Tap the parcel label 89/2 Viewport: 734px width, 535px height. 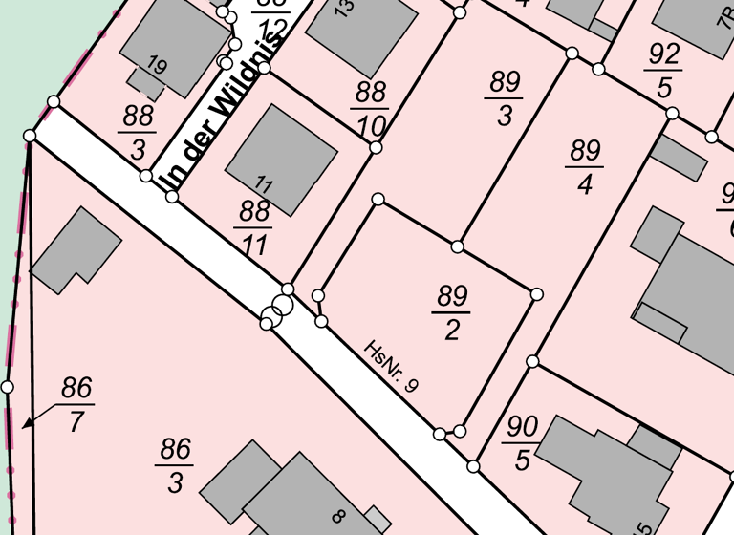click(451, 311)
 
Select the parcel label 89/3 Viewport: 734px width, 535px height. click(504, 97)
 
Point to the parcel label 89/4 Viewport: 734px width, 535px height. click(584, 166)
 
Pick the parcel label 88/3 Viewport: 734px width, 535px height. click(138, 133)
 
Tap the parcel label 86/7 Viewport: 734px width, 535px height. click(76, 404)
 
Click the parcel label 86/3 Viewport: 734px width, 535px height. click(175, 465)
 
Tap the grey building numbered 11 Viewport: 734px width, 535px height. click(281, 153)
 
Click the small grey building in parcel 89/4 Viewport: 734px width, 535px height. click(678, 157)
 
